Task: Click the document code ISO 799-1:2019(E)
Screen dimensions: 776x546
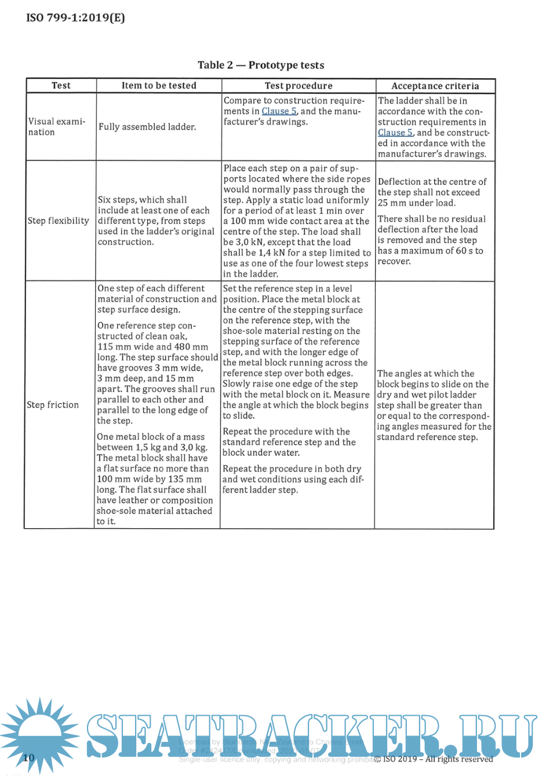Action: [x=75, y=17]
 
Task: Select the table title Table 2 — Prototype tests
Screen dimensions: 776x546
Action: [x=261, y=65]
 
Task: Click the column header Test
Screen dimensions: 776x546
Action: [x=61, y=86]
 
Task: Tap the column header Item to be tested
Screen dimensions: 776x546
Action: [x=159, y=86]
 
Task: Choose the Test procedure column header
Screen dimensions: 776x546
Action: [x=299, y=86]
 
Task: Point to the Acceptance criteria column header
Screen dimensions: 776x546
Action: [x=435, y=86]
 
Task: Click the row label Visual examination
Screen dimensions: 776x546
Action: [x=56, y=127]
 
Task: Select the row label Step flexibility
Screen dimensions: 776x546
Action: [x=58, y=221]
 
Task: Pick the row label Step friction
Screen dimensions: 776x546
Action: [x=53, y=405]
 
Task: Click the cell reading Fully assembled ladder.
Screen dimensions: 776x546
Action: [x=147, y=127]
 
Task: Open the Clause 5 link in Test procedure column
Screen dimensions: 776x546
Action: [x=279, y=111]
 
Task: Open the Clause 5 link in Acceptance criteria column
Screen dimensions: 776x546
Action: [x=395, y=133]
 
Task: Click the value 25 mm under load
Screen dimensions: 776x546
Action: [x=417, y=203]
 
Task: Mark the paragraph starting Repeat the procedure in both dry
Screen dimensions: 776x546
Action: [x=293, y=479]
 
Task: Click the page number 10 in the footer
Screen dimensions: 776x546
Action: [x=29, y=757]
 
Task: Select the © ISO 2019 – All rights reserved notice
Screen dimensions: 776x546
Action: [x=434, y=759]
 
